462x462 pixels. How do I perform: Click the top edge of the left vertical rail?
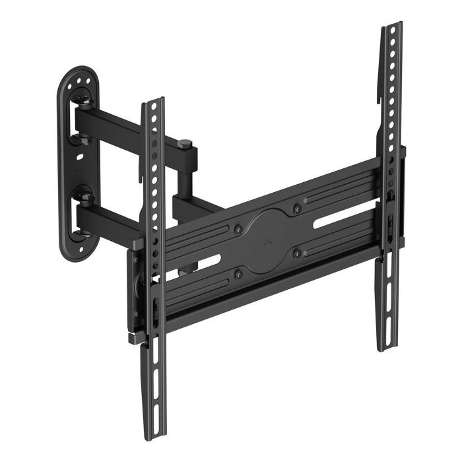pyautogui.click(x=153, y=101)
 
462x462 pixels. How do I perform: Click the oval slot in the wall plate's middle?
pyautogui.click(x=80, y=158)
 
